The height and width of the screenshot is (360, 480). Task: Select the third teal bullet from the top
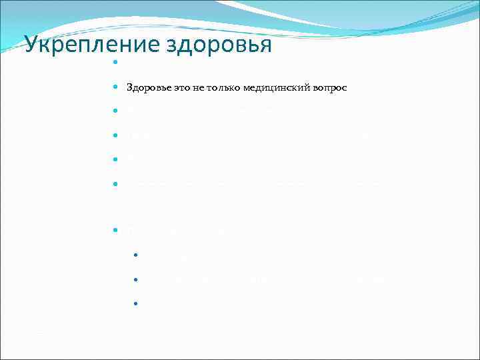point(115,110)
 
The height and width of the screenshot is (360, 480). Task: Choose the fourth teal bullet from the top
point(115,135)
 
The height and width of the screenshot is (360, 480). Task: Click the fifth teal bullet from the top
point(115,159)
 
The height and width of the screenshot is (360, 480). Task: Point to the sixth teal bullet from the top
point(115,182)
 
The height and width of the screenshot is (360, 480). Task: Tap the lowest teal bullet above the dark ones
point(115,230)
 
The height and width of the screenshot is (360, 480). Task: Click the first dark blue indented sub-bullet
point(135,254)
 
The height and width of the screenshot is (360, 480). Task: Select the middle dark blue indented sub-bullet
point(135,279)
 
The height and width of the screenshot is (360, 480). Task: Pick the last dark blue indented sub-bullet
point(135,303)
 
